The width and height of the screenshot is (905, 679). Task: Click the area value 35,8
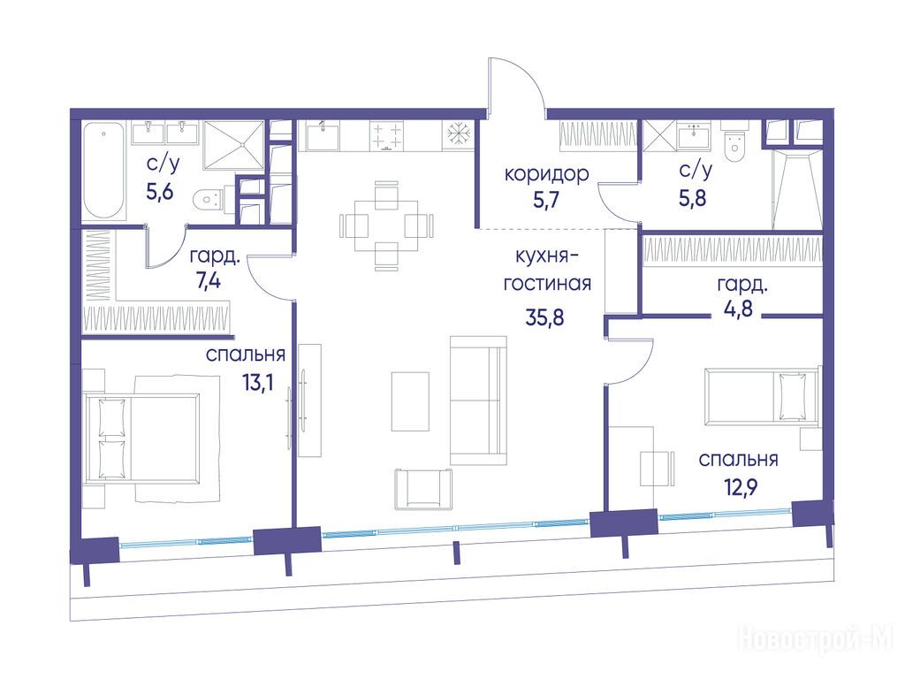544,317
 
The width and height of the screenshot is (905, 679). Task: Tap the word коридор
546,174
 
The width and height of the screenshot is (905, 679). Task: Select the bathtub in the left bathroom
104,170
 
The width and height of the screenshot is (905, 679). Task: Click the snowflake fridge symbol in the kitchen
459,134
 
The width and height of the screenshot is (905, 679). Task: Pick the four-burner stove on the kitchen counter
386,136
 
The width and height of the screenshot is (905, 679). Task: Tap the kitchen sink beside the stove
323,135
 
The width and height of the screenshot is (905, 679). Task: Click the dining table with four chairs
386,225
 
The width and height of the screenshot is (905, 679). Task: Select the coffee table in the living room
410,401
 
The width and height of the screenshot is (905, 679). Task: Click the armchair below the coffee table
423,489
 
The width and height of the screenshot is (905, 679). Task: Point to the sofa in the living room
478,401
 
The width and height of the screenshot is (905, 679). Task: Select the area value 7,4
209,282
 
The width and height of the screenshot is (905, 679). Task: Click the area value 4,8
738,309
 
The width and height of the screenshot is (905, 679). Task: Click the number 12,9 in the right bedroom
740,488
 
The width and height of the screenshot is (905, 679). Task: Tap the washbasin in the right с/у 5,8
693,136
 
